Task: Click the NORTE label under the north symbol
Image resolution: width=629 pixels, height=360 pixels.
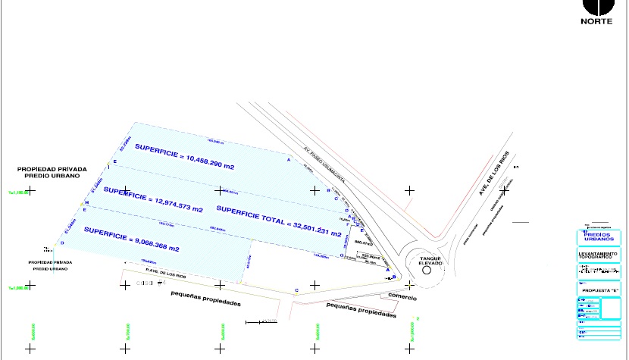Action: point(596,21)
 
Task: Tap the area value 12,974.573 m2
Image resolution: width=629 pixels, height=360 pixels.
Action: point(176,204)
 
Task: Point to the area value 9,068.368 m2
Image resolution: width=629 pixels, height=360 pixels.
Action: point(155,246)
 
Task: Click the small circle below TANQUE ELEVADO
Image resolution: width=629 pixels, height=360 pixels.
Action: point(426,269)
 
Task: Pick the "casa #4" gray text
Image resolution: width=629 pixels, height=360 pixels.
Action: point(144,283)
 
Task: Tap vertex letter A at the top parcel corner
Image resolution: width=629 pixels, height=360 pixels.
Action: point(288,160)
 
